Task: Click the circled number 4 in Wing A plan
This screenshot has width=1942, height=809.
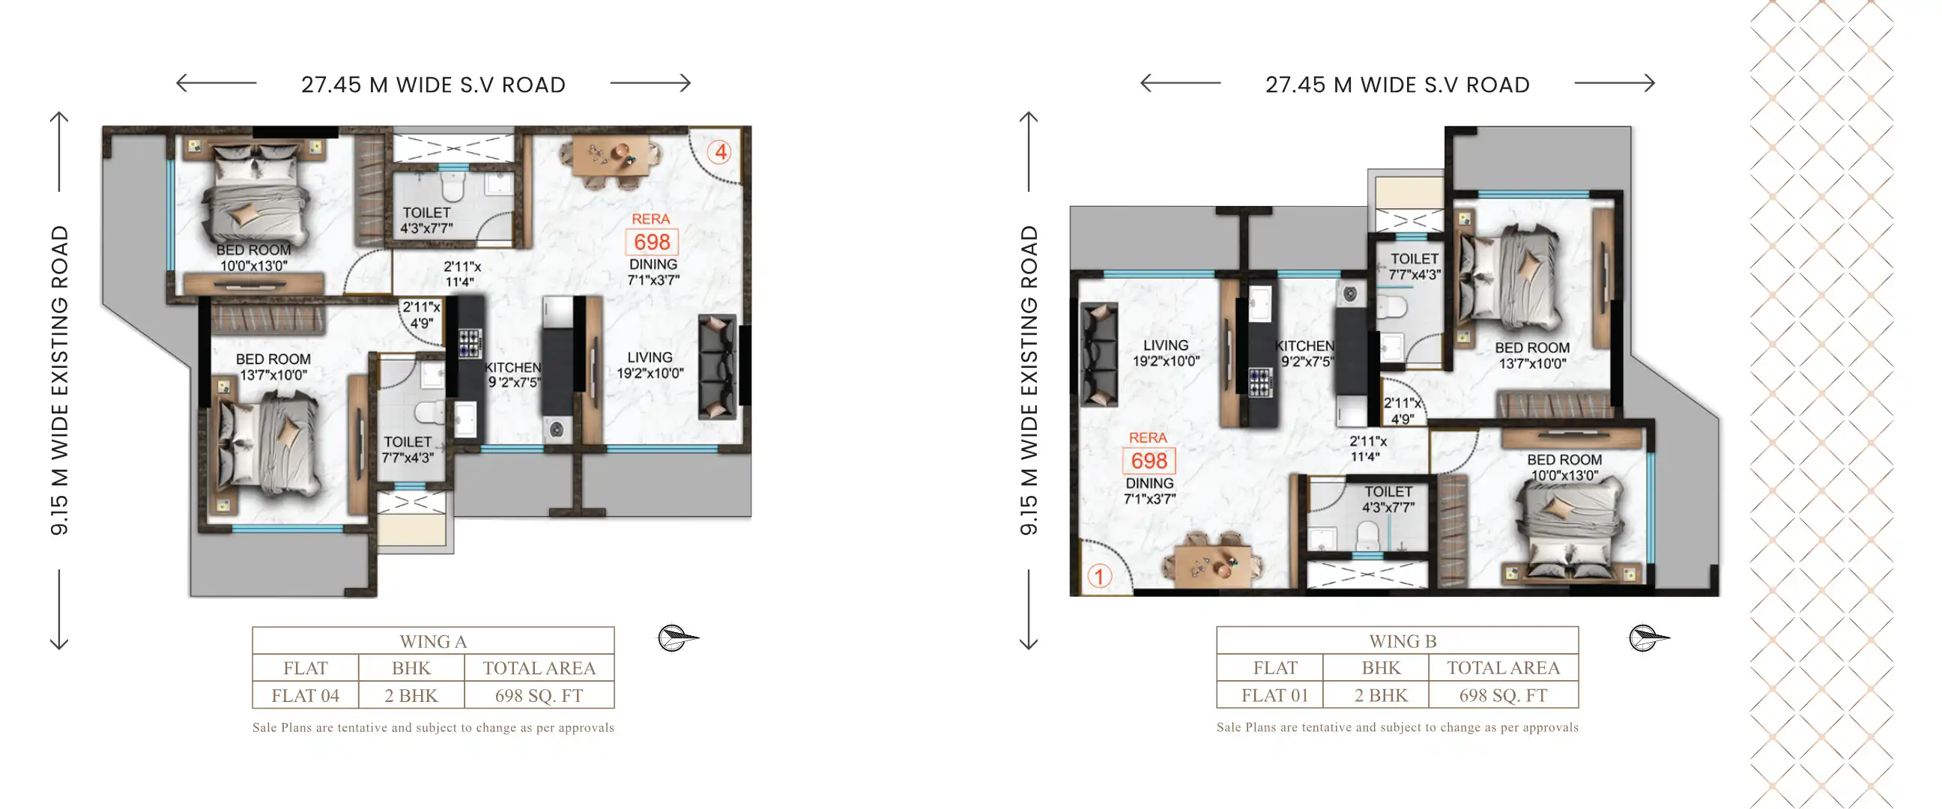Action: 720,152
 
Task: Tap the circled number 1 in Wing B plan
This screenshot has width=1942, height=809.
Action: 1099,577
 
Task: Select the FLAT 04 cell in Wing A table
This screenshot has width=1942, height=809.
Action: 306,695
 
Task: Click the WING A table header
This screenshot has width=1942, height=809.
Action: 434,642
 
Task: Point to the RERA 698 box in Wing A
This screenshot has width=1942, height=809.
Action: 651,242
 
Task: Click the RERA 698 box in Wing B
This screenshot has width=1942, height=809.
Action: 1149,461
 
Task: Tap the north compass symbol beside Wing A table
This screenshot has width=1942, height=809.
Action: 677,638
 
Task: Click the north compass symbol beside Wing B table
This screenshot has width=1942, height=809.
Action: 1648,638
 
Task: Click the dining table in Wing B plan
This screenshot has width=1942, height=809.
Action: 1214,562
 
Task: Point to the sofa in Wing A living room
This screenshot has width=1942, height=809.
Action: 717,367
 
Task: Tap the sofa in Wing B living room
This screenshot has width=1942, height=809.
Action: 1099,354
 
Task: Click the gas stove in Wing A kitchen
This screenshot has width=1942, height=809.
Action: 470,342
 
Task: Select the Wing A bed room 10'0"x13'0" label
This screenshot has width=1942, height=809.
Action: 254,258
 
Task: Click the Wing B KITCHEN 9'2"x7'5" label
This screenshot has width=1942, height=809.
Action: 1304,353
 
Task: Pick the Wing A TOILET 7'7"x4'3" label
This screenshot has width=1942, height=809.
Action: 408,449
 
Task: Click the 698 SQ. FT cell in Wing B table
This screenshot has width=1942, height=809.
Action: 1502,695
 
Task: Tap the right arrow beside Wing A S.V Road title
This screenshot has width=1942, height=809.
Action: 650,83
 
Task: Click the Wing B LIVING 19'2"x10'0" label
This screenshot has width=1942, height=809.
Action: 1166,353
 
